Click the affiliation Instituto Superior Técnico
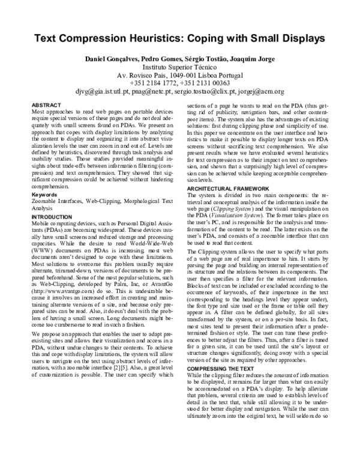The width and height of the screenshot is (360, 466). tap(179, 69)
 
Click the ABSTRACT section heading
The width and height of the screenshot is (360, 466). tap(45, 104)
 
